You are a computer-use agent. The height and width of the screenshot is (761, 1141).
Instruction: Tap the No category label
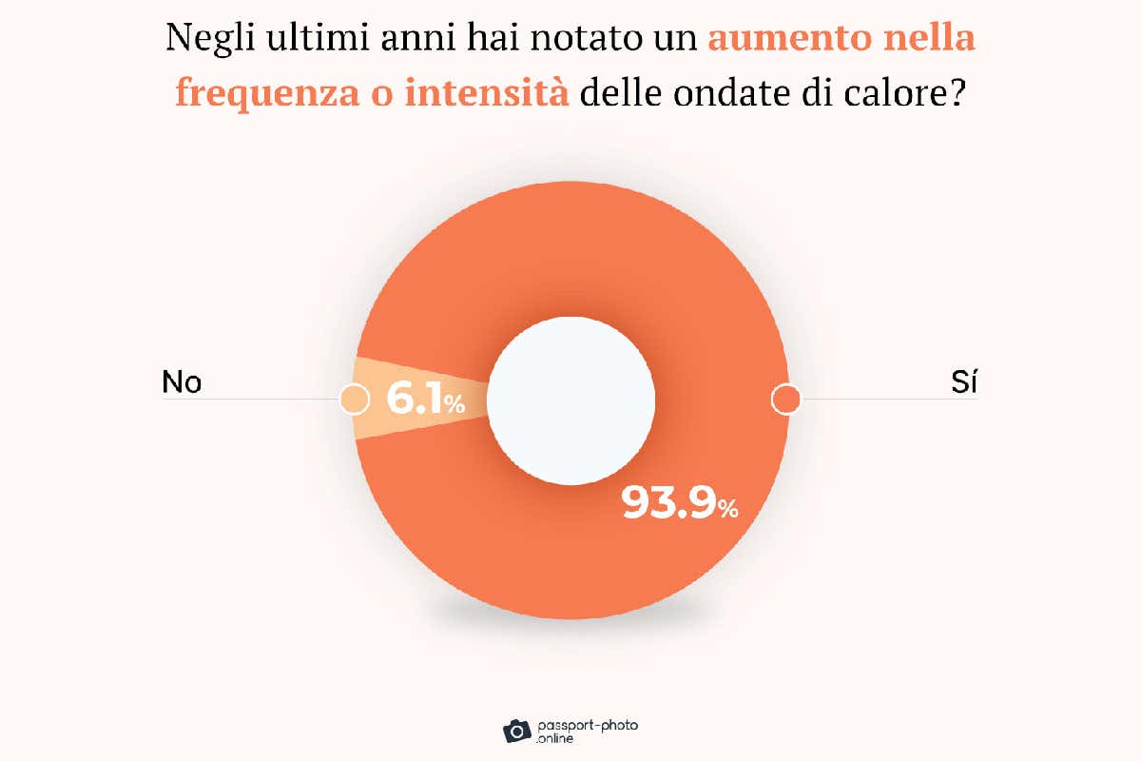[x=182, y=382]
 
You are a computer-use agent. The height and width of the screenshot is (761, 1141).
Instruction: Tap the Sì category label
[x=965, y=382]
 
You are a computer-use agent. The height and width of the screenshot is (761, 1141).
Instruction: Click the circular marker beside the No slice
[x=354, y=399]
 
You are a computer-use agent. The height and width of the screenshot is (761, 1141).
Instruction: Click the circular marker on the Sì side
[x=785, y=399]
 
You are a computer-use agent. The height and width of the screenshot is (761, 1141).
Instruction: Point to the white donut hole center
[x=571, y=400]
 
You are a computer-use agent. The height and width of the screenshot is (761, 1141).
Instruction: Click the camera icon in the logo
[x=517, y=730]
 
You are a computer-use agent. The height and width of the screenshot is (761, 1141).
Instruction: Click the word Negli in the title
[x=203, y=39]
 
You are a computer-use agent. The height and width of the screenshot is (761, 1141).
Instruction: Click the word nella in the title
[x=928, y=39]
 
